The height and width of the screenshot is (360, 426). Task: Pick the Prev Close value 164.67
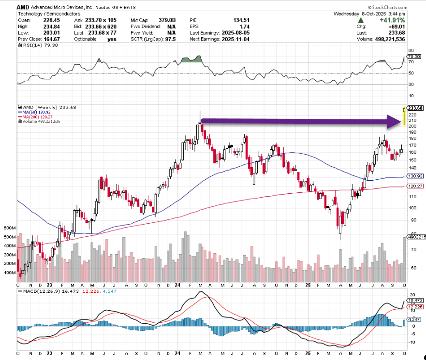[43, 40]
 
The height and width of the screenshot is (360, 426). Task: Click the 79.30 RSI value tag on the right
[414, 56]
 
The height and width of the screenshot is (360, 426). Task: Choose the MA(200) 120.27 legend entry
[37, 117]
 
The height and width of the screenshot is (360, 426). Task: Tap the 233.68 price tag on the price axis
[415, 108]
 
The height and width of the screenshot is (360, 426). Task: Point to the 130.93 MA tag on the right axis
[415, 176]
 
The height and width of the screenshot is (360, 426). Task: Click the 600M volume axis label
[10, 228]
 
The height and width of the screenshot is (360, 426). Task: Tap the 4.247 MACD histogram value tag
[415, 319]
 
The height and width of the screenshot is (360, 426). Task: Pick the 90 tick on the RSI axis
[411, 50]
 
